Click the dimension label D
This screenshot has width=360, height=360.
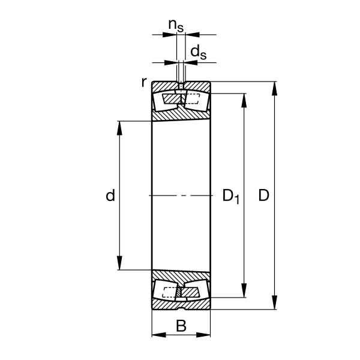coord(263,196)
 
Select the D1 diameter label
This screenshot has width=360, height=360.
coord(231,196)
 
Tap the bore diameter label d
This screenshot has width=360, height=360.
coord(110,196)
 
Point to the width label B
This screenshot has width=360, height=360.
coord(181,326)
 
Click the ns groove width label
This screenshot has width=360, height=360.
coord(176,25)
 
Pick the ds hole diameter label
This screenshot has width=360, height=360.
coord(199,52)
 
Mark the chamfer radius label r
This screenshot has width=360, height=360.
coord(144,82)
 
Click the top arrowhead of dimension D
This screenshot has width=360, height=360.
coord(274,88)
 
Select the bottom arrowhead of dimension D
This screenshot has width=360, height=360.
coord(274,302)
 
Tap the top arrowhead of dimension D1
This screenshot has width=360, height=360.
coord(244,100)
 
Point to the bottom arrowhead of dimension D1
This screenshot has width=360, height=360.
coord(244,290)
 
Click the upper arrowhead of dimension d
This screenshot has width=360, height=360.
coord(119,128)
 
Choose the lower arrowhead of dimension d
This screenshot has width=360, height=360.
coord(119,263)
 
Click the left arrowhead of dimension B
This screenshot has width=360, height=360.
coord(159,335)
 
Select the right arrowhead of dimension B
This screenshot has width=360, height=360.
coord(203,335)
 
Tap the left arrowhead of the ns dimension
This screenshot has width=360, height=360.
coord(170,35)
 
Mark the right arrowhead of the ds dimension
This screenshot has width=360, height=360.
coord(191,62)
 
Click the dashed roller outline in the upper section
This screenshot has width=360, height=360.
coord(192,99)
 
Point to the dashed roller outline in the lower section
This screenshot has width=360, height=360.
coord(170,292)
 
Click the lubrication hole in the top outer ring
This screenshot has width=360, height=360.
coord(181,86)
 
